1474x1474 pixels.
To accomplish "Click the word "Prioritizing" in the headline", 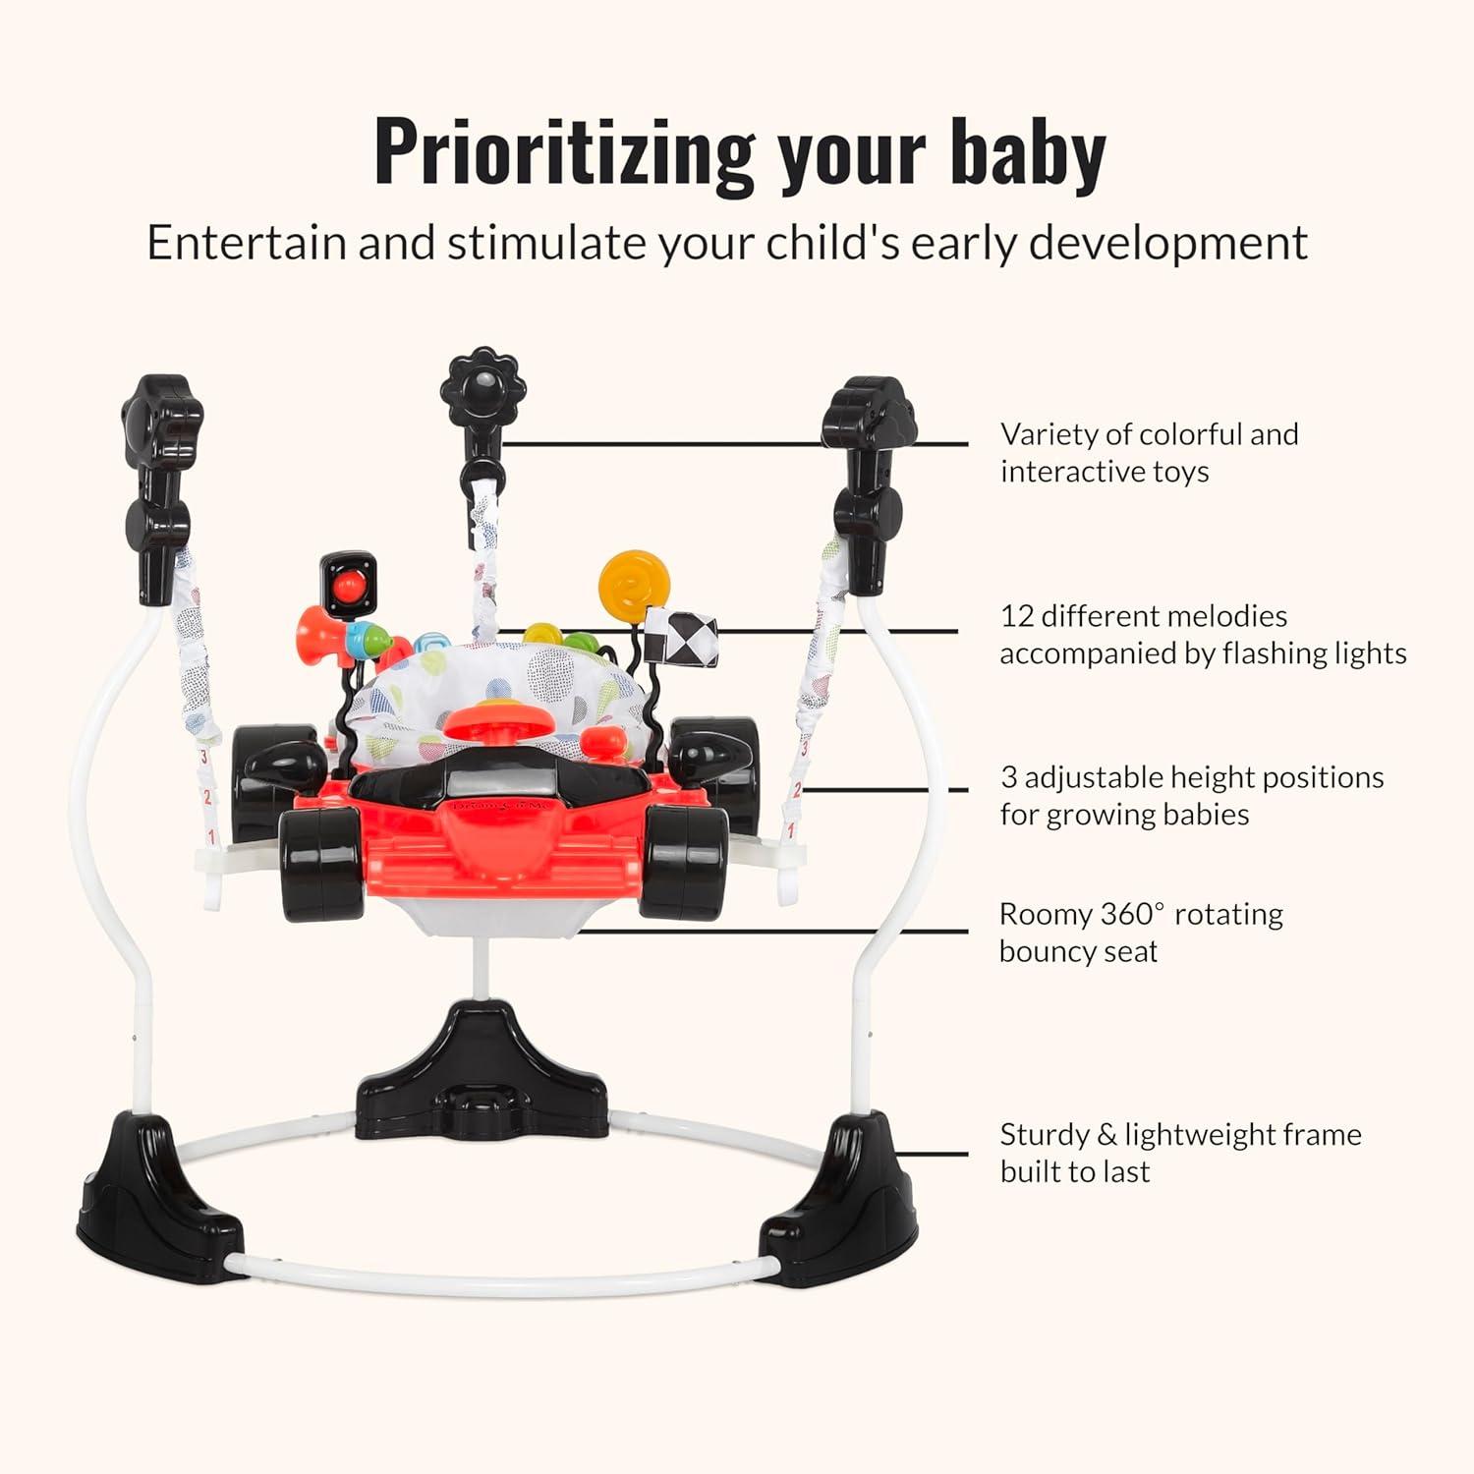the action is click(564, 152).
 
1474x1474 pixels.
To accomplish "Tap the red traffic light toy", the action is click(347, 586).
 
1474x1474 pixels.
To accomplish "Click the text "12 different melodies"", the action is click(1144, 616).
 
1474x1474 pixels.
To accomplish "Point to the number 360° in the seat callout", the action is click(1131, 914).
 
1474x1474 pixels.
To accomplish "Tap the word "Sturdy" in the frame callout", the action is click(1046, 1136).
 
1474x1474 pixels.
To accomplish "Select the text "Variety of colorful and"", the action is click(1150, 434).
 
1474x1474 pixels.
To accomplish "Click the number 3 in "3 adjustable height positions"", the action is click(1009, 777).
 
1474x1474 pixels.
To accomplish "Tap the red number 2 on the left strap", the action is click(207, 797).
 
